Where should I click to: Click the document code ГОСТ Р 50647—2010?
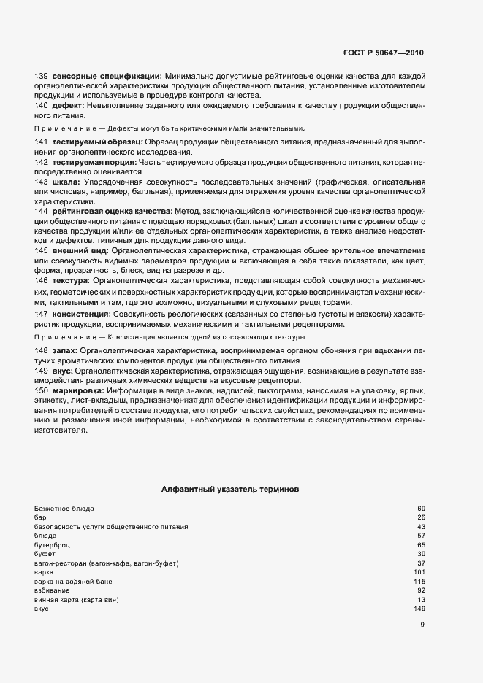click(383, 53)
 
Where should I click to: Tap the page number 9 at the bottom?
click(422, 624)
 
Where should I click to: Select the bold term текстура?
click(70, 280)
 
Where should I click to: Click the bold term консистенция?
click(80, 314)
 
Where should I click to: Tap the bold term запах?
click(63, 351)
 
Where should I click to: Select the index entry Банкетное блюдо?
click(64, 508)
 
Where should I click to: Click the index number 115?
click(419, 581)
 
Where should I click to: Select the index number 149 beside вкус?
click(419, 609)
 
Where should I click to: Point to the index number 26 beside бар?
click(421, 517)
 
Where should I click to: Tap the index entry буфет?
click(45, 554)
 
